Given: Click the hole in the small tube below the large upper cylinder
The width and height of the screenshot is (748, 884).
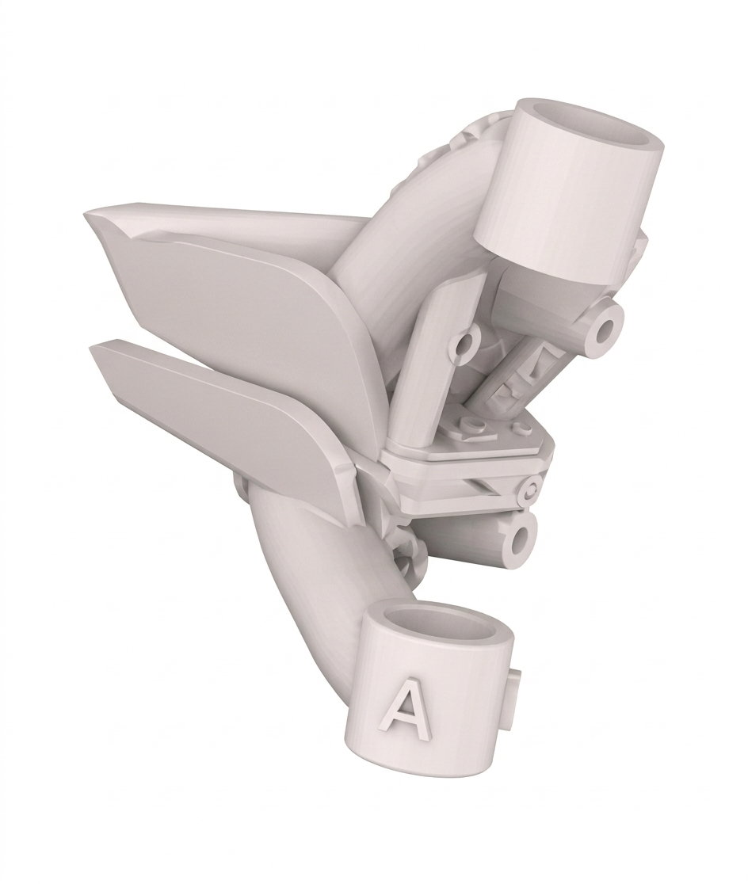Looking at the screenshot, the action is point(608,332).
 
